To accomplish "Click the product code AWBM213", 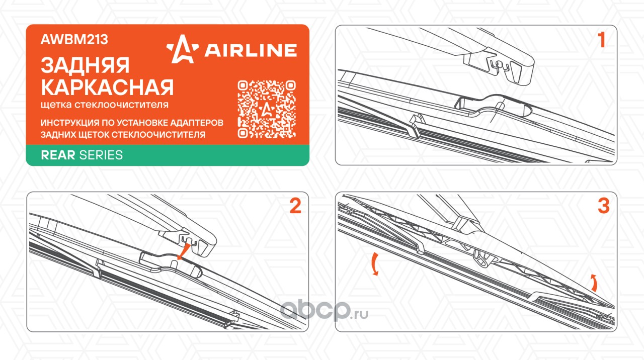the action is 74,39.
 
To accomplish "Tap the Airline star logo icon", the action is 183,49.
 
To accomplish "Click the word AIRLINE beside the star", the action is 251,50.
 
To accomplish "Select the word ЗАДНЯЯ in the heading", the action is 85,65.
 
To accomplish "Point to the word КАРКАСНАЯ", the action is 107,87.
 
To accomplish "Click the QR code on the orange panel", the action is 267,109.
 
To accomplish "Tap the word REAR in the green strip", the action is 58,155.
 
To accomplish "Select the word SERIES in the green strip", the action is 101,155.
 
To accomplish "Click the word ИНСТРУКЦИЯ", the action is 69,123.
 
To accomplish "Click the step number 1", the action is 601,40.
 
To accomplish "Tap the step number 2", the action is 295,206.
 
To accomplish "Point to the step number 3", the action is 603,206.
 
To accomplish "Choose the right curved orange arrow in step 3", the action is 594,283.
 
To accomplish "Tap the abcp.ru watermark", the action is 324,310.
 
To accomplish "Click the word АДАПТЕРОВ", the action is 197,123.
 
